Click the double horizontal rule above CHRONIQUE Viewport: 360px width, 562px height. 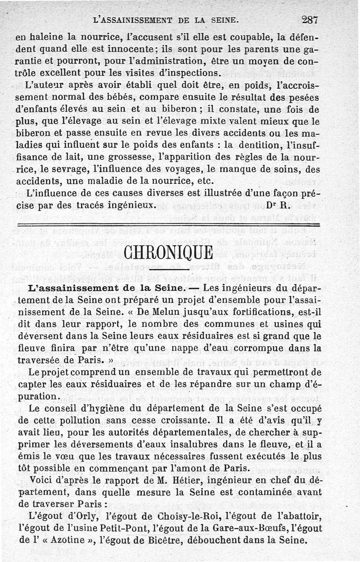click(168, 225)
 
